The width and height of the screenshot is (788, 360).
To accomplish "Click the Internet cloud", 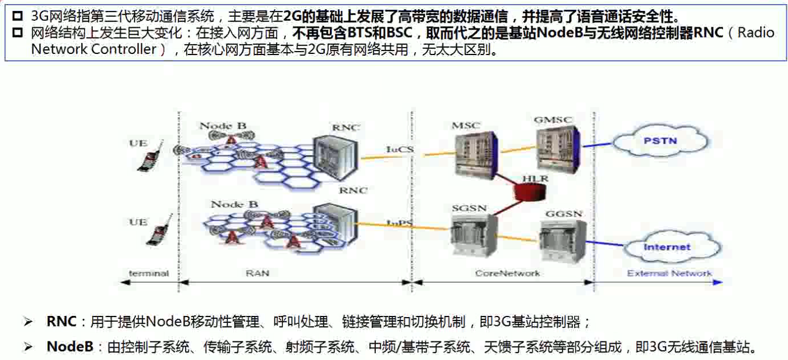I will (667, 248).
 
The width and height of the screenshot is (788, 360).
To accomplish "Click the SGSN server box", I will (474, 235).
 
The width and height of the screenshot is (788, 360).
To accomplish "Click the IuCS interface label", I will (400, 150).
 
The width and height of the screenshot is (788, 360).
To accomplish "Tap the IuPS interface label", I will (400, 223).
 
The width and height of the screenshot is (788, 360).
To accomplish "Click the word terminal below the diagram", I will (148, 273).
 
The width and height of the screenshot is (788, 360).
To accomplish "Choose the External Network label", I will (670, 273).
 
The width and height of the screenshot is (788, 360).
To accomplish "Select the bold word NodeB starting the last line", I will (70, 347).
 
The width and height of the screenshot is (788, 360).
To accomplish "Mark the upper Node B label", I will (223, 126).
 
